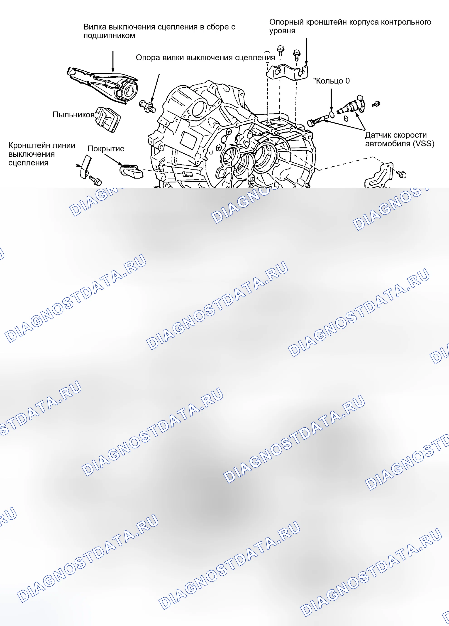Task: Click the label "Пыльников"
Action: [73, 115]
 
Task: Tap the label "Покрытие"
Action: [106, 149]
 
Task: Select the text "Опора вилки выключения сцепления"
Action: [205, 57]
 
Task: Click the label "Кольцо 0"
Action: [331, 81]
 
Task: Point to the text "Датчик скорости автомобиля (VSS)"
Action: [400, 139]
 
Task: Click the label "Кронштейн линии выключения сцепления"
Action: [42, 154]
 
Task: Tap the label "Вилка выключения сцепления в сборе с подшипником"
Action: [159, 31]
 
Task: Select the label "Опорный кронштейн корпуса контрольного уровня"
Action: [350, 26]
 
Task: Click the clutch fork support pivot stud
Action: [148, 106]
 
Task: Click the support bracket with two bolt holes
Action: [287, 72]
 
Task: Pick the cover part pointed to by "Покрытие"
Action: [131, 171]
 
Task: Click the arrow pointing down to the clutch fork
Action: [113, 62]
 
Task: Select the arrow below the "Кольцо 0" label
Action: [332, 100]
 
